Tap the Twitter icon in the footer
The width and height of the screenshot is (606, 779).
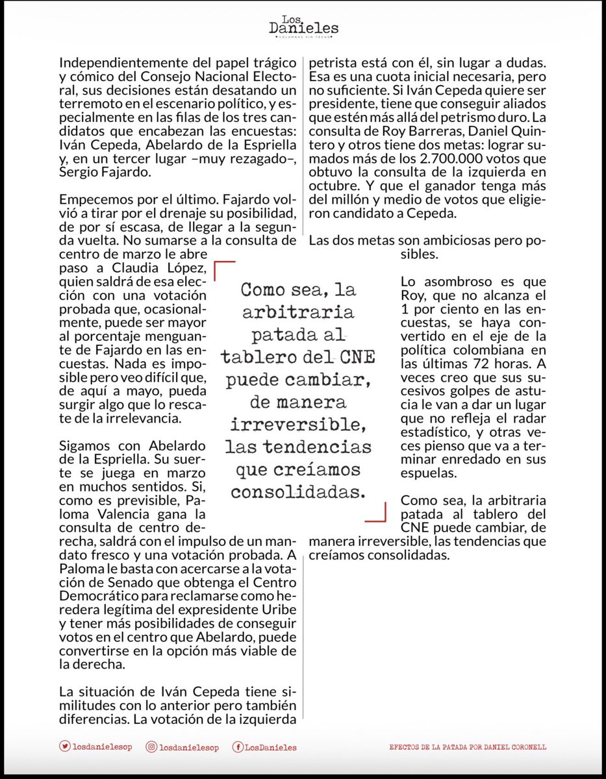64,747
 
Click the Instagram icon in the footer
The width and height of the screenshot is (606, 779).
151,747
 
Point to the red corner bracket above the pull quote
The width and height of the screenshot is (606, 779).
224,269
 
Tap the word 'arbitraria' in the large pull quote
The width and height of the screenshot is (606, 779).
299,312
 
